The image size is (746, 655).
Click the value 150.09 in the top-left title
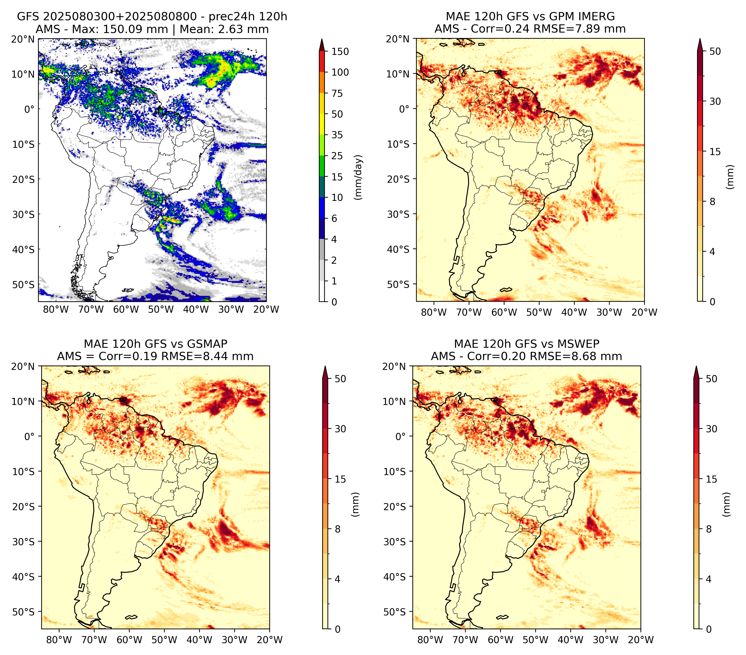(x=118, y=29)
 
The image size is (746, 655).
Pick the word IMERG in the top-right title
(x=597, y=16)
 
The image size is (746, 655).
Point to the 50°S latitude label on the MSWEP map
(x=395, y=612)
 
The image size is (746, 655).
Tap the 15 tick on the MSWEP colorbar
(x=711, y=479)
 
